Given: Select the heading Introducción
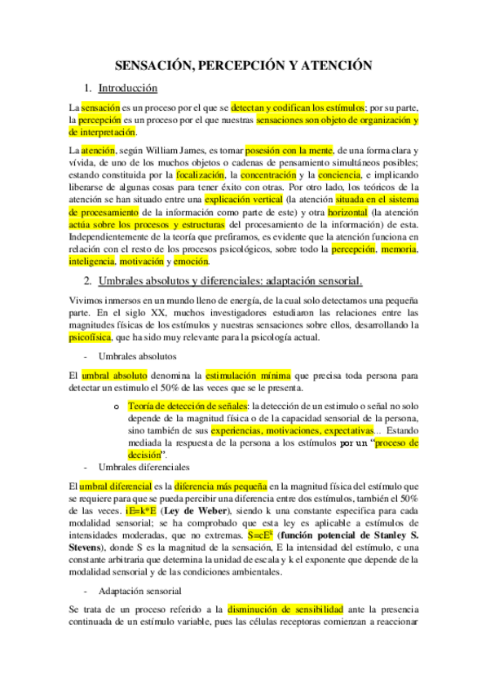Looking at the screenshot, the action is (127, 87).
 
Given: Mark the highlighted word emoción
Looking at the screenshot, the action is (191, 262).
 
